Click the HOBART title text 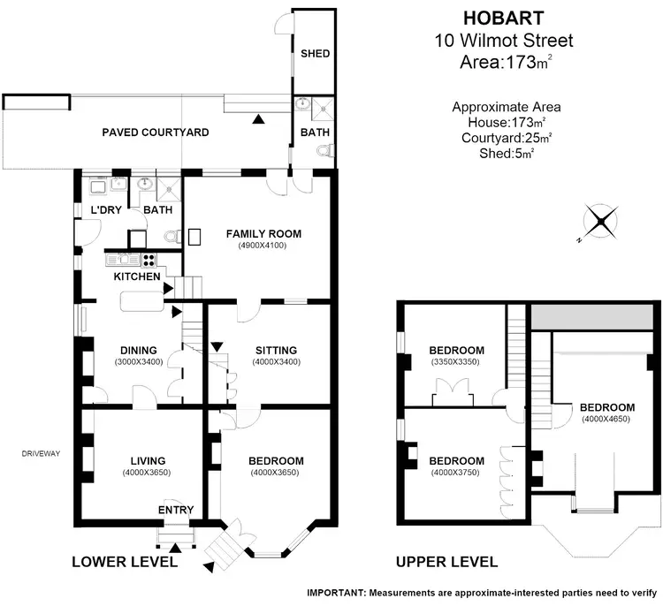click(x=505, y=17)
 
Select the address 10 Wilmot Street click(x=505, y=40)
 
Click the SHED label click(x=315, y=54)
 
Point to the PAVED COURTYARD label click(x=156, y=133)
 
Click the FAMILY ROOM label click(x=263, y=234)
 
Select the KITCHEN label click(x=136, y=276)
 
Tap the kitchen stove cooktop click(x=149, y=260)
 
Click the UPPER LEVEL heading click(x=446, y=561)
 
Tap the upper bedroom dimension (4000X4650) click(x=606, y=420)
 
